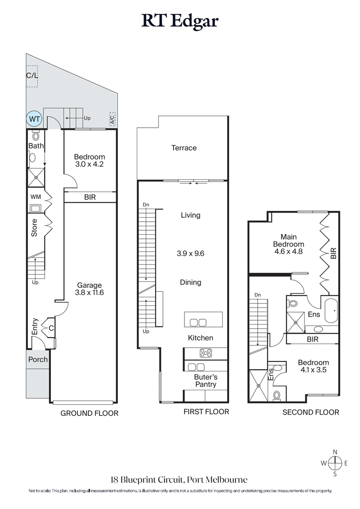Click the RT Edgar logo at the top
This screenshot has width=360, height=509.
click(x=180, y=21)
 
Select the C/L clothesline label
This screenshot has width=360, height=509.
click(x=31, y=76)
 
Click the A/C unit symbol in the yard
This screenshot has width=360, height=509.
click(x=112, y=120)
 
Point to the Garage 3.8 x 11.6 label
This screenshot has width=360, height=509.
click(x=89, y=289)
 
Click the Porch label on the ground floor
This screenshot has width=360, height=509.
click(x=38, y=359)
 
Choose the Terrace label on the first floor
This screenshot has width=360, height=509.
click(x=184, y=148)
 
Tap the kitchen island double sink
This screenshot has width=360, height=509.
click(x=198, y=322)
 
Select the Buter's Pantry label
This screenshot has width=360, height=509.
click(x=205, y=381)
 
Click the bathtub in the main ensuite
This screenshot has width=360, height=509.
click(x=331, y=310)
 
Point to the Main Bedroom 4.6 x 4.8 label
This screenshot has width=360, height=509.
click(x=291, y=244)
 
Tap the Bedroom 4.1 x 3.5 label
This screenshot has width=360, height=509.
click(x=313, y=366)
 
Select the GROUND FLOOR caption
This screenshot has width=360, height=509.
click(x=90, y=413)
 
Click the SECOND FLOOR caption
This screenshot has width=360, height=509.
click(x=310, y=412)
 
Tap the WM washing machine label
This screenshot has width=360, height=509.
click(x=36, y=197)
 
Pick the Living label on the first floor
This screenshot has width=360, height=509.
click(x=190, y=215)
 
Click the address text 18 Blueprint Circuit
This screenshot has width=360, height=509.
click(x=180, y=480)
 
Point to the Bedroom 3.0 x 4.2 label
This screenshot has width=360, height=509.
click(x=89, y=161)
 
